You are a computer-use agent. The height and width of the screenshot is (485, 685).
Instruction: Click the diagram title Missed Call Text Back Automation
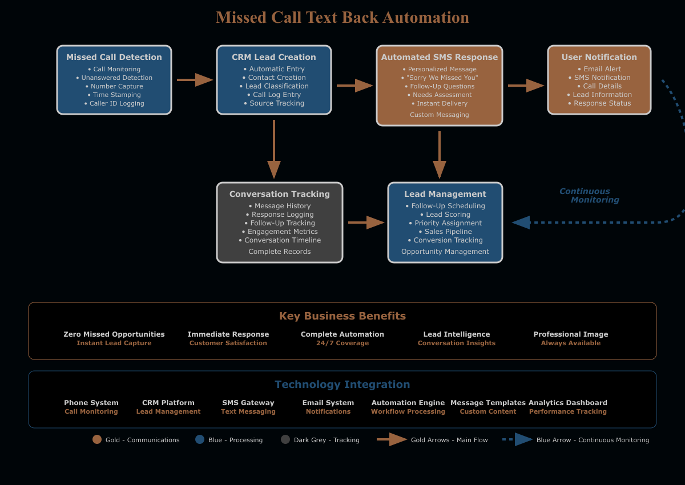342,18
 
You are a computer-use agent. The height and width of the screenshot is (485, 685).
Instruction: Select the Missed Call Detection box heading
114,57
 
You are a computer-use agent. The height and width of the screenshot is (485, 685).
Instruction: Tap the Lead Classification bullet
277,86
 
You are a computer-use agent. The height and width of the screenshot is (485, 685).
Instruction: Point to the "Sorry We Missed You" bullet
440,78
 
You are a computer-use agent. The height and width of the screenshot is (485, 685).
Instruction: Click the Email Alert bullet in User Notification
599,69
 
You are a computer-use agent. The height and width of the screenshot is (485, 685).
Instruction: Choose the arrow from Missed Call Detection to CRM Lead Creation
195,80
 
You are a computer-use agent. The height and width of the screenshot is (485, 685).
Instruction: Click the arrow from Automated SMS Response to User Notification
526,86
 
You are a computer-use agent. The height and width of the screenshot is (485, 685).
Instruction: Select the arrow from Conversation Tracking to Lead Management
366,223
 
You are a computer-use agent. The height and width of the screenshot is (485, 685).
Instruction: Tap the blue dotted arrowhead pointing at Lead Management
521,223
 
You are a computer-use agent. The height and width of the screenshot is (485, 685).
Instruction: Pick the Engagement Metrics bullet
280,232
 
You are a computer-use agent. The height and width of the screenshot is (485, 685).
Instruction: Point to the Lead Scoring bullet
445,215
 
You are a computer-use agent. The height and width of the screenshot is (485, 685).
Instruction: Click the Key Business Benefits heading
342,316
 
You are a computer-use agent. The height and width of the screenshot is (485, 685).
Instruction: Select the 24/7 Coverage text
342,343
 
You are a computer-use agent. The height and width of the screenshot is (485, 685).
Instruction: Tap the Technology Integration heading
342,385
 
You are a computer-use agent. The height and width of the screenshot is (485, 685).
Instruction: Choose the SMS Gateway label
248,403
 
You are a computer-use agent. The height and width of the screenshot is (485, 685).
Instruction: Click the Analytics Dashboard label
568,403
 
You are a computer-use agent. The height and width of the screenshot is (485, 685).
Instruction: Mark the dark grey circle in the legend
285,439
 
